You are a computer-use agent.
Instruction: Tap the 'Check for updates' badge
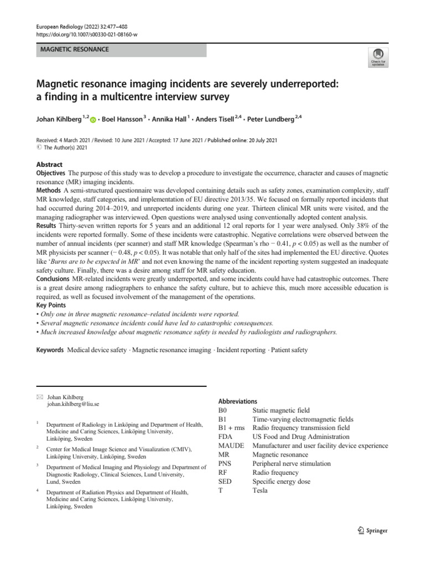click(x=378, y=57)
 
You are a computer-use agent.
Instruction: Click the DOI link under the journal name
click(x=87, y=35)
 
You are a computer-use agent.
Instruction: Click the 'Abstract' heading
click(x=49, y=165)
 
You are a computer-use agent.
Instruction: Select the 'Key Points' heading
click(x=51, y=305)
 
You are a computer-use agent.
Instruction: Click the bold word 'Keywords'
click(x=50, y=350)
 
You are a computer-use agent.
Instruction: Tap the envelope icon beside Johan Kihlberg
click(x=39, y=396)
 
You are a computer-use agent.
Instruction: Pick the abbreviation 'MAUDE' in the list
click(x=231, y=446)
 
